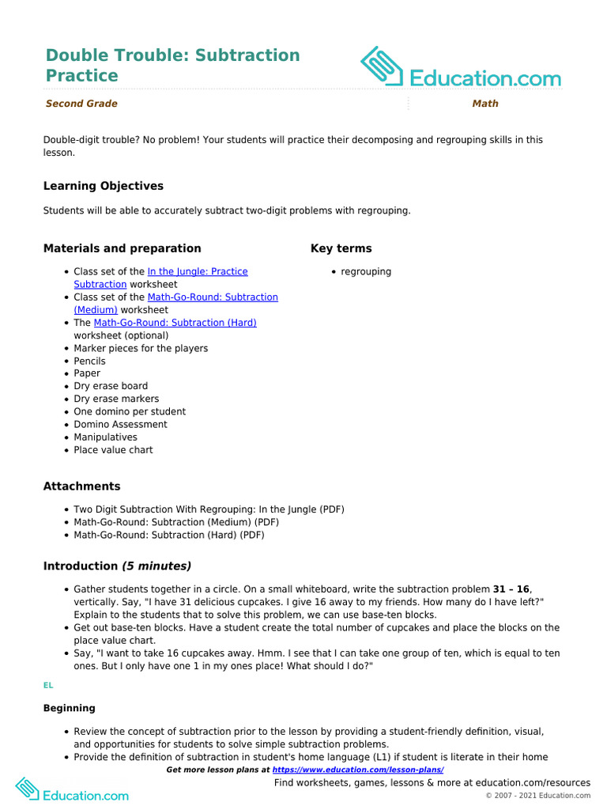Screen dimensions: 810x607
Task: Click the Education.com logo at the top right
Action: coord(461,68)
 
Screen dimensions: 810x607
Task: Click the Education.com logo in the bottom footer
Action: coord(72,789)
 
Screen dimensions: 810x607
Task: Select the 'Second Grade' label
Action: coord(81,104)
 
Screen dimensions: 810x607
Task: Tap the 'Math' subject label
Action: coord(485,104)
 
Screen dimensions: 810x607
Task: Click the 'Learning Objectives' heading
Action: coord(104,186)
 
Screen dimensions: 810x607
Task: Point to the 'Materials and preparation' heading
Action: coord(122,248)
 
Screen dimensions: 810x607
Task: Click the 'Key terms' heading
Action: coord(341,248)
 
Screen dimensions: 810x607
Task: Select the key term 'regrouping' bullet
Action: coord(366,271)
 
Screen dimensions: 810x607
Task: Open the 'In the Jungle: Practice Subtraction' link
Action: coord(197,271)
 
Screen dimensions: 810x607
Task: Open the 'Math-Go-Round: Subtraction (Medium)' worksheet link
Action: coord(212,297)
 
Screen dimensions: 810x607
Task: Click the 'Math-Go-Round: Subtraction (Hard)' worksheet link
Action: coord(175,323)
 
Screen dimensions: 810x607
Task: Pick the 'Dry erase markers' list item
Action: coord(116,399)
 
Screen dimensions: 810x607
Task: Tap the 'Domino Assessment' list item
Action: coord(120,424)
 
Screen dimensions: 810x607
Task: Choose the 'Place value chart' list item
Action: coord(113,450)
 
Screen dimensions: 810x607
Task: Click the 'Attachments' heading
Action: coord(82,486)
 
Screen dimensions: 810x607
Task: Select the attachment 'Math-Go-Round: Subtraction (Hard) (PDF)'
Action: coord(169,535)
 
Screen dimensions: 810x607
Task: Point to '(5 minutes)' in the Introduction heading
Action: coord(156,566)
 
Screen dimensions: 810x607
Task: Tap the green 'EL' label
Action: coord(48,686)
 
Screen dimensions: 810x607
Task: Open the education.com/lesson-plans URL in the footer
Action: coord(357,770)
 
